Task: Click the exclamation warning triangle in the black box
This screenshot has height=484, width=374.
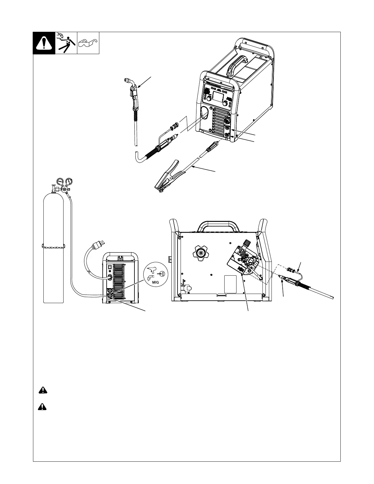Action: click(x=44, y=43)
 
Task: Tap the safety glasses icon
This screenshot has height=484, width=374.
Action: click(x=88, y=43)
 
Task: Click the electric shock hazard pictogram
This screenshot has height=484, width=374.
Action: click(x=66, y=43)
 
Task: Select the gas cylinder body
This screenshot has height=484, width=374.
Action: click(x=53, y=263)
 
